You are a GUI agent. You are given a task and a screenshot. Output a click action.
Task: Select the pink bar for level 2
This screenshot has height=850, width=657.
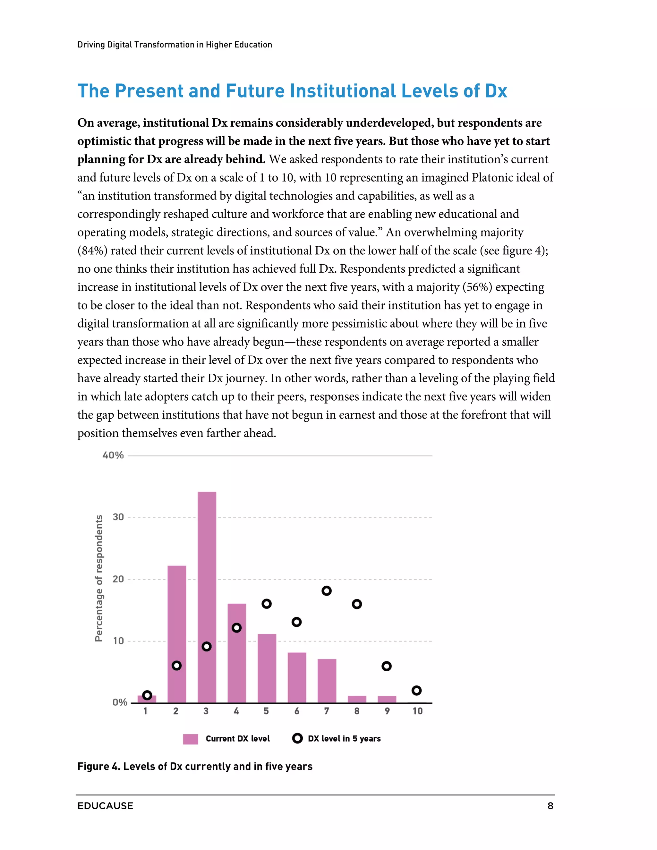pos(177,623)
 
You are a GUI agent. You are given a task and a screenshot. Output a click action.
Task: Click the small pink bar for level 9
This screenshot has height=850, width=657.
pos(387,699)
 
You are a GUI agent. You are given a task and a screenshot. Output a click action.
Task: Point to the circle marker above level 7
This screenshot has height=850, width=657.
pos(327,591)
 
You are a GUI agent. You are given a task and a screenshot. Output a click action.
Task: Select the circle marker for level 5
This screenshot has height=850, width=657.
pos(267,604)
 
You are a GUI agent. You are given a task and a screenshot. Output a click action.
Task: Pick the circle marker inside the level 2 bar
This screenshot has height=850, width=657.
pos(177,666)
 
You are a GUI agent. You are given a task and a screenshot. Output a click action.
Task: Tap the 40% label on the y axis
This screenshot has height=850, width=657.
pos(113,455)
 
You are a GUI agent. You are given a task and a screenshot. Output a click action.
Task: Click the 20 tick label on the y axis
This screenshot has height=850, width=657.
pos(118,579)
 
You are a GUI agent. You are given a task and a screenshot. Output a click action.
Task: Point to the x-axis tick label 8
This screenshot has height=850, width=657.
pos(356,711)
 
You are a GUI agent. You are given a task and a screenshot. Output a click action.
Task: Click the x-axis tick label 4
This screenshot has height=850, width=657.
pos(236,711)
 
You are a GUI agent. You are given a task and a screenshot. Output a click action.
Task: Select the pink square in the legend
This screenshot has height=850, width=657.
pos(190,739)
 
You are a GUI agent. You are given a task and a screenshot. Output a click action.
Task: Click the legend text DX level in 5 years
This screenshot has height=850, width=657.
pos(344,739)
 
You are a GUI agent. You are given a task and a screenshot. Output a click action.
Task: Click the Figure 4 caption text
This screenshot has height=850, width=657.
pos(195,766)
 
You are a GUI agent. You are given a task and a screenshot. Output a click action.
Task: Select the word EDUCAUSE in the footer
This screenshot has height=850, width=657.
pos(105,806)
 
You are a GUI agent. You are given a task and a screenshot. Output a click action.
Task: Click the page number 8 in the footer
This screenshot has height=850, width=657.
pos(550,806)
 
